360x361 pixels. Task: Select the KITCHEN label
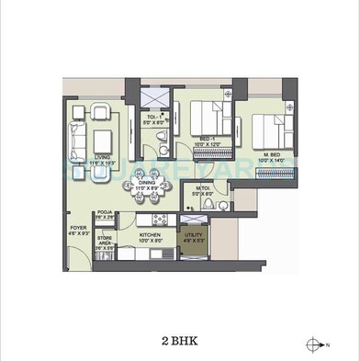(x=151, y=234)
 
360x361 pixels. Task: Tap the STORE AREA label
(x=105, y=243)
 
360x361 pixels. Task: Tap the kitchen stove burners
(x=156, y=220)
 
